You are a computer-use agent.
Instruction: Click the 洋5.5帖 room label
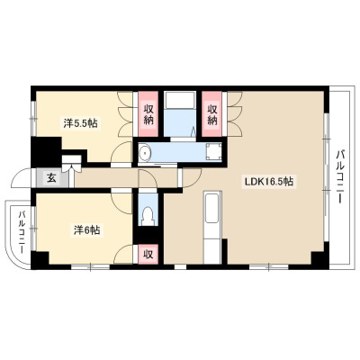(80, 123)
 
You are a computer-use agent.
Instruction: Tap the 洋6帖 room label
(86, 230)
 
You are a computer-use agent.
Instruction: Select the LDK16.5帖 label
(269, 182)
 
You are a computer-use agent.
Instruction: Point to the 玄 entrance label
(51, 178)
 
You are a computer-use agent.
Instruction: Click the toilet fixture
(148, 215)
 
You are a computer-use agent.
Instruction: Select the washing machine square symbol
(214, 152)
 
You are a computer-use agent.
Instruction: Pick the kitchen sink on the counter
(211, 208)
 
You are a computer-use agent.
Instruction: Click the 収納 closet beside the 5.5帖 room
(148, 113)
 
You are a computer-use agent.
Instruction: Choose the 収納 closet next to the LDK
(212, 113)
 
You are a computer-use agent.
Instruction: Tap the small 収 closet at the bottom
(148, 255)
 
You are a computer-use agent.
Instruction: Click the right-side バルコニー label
(339, 177)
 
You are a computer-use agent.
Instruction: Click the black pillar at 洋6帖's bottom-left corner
(40, 260)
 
